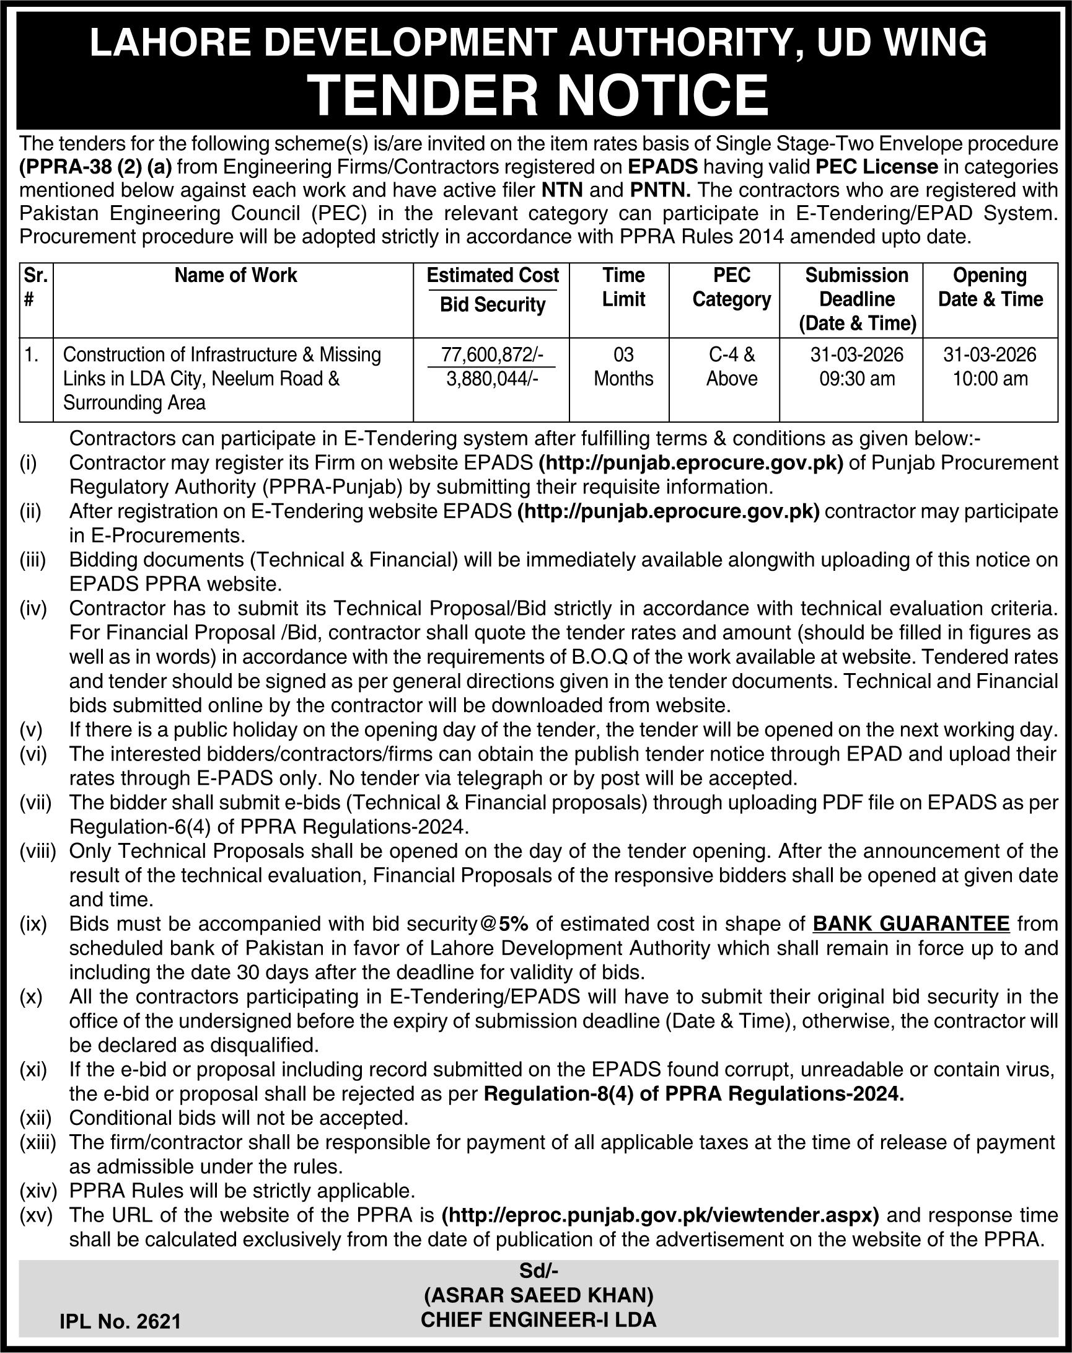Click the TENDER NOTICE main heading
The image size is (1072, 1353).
point(539,95)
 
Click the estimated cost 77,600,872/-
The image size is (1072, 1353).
point(492,355)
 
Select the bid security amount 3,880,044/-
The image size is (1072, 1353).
point(492,379)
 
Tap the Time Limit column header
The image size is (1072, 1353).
point(623,287)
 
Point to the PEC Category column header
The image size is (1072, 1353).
point(731,287)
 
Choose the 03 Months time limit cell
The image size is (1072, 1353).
point(623,366)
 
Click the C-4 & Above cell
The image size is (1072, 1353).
point(731,366)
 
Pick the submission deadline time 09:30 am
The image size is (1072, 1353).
point(857,379)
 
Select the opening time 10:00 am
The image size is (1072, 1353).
point(990,379)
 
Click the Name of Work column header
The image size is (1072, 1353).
point(235,275)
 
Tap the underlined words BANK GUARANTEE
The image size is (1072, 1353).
point(911,923)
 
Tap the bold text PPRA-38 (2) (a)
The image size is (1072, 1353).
point(95,166)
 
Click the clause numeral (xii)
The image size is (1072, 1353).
point(35,1117)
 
